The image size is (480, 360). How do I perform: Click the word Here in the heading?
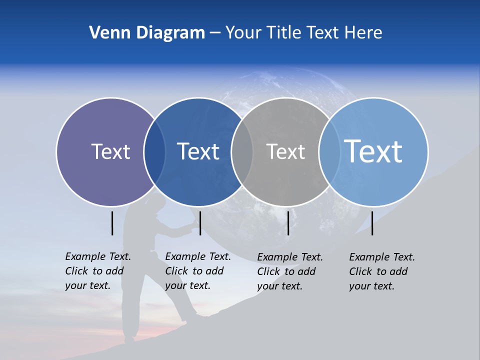click(x=363, y=33)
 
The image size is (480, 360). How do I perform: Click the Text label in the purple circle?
click(x=110, y=151)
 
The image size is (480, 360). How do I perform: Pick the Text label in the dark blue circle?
click(x=198, y=151)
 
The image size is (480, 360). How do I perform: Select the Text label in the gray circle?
click(x=285, y=151)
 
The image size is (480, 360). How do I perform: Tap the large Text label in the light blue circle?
click(x=373, y=151)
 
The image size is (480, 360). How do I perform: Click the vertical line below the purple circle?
click(x=112, y=223)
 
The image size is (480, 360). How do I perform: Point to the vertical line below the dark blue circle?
click(x=200, y=223)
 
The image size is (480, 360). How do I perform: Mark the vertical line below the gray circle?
click(x=288, y=223)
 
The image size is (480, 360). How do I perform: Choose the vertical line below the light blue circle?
click(x=372, y=223)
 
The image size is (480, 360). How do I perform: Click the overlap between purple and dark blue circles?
click(x=154, y=152)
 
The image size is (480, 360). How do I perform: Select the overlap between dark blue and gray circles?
click(x=242, y=152)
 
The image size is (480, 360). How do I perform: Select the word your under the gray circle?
click(x=267, y=286)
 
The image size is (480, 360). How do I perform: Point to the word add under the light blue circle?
click(x=399, y=271)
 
